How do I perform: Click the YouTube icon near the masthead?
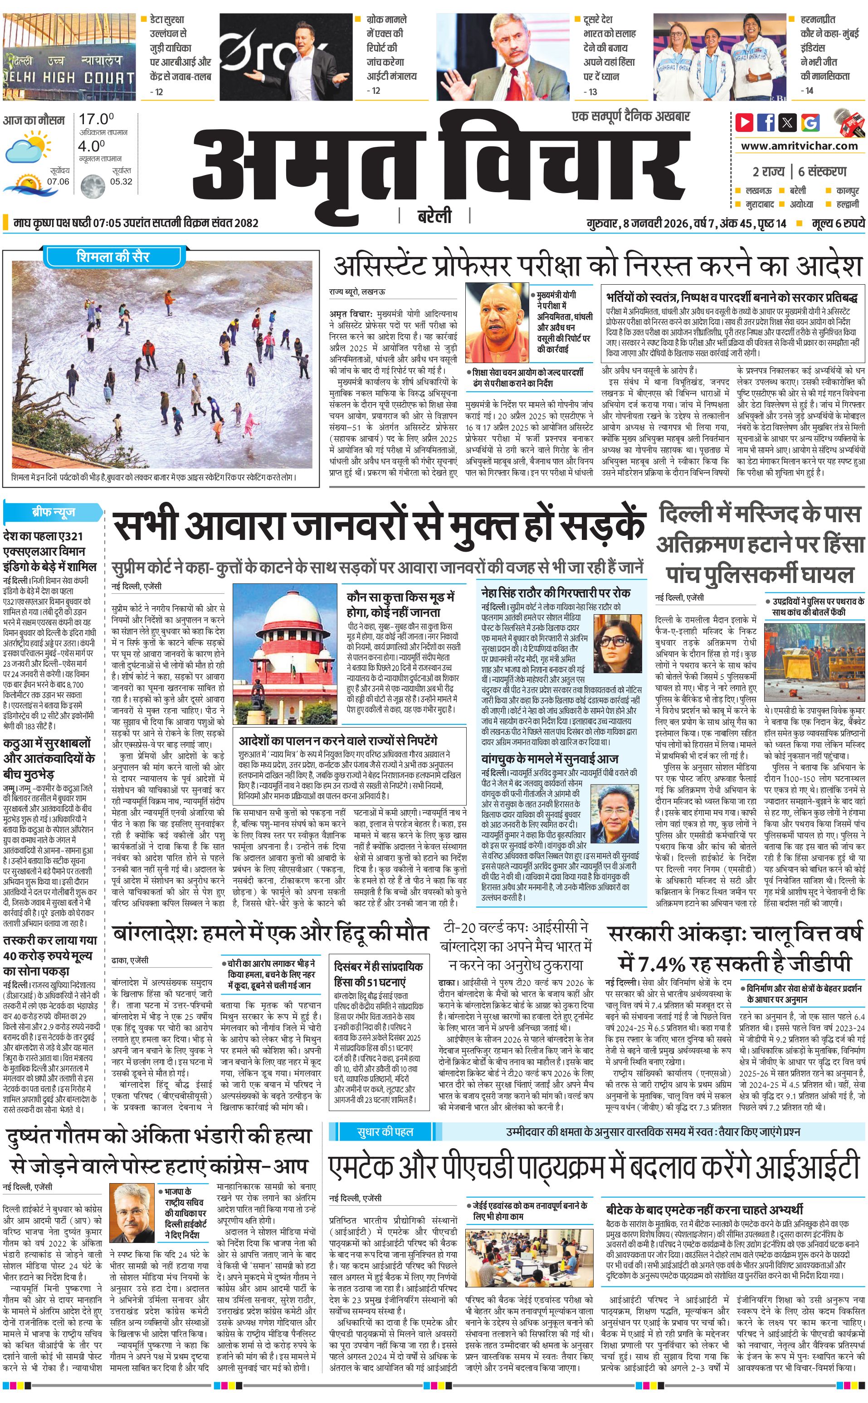point(744,122)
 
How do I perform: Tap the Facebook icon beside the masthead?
point(766,122)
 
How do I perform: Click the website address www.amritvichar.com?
point(799,146)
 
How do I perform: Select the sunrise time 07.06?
point(58,181)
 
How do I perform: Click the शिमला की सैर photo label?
point(112,256)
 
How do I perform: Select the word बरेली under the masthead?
point(434,216)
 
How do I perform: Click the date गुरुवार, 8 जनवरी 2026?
point(638,223)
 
